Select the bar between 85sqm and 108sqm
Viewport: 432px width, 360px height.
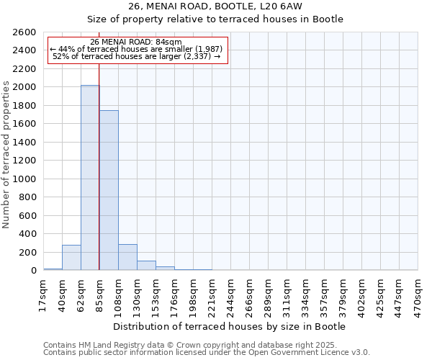(109, 191)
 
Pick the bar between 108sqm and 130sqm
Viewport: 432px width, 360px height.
(127, 258)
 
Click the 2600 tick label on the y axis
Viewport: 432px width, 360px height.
(25, 32)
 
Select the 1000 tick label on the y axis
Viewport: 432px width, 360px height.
(25, 179)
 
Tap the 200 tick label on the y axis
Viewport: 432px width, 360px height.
(28, 252)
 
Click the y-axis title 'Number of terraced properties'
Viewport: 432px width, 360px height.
(7, 155)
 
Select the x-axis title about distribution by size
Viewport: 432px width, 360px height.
(230, 326)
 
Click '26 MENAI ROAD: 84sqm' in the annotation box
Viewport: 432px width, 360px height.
(136, 42)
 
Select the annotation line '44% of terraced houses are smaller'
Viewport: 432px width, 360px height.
(137, 49)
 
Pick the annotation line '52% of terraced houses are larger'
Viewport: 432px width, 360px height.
(137, 56)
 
